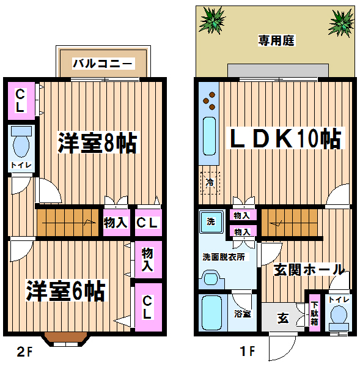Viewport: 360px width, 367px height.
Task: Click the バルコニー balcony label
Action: click(x=103, y=64)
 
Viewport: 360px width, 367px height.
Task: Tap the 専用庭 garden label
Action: click(x=276, y=40)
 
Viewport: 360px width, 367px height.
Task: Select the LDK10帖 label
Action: click(x=285, y=138)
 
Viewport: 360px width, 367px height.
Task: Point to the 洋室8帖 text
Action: click(x=97, y=143)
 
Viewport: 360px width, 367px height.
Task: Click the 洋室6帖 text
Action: click(x=66, y=291)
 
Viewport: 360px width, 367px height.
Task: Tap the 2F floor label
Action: click(x=24, y=352)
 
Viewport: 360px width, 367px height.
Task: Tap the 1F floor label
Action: click(x=248, y=351)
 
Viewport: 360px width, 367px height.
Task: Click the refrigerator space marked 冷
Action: click(x=210, y=183)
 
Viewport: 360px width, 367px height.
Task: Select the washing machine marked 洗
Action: click(x=211, y=221)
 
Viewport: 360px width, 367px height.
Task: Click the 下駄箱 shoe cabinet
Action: click(x=314, y=313)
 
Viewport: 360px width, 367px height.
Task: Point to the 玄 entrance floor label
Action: click(x=283, y=318)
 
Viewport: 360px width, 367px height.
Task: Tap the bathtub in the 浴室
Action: click(x=212, y=313)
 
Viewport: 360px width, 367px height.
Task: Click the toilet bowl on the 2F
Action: click(x=21, y=143)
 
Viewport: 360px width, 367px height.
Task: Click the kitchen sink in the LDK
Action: click(x=209, y=136)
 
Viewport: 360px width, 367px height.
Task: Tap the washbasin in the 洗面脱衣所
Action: click(x=211, y=279)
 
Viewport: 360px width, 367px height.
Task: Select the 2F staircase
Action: click(x=67, y=223)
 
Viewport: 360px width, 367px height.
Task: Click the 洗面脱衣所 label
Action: click(x=224, y=257)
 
